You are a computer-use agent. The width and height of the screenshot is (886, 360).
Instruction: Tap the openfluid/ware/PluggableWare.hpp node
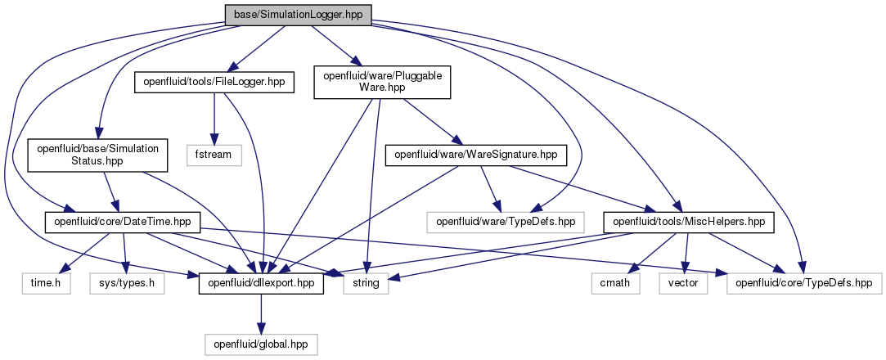(382, 83)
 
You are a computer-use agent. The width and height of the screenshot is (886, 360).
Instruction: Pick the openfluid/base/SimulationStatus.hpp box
(97, 155)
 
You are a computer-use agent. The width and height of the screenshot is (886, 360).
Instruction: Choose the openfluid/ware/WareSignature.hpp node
(476, 155)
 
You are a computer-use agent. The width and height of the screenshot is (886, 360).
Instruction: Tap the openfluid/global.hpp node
(261, 344)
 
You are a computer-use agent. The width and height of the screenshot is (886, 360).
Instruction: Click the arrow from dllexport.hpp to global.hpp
(261, 314)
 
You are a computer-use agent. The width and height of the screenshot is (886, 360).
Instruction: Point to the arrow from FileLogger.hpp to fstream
(214, 119)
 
